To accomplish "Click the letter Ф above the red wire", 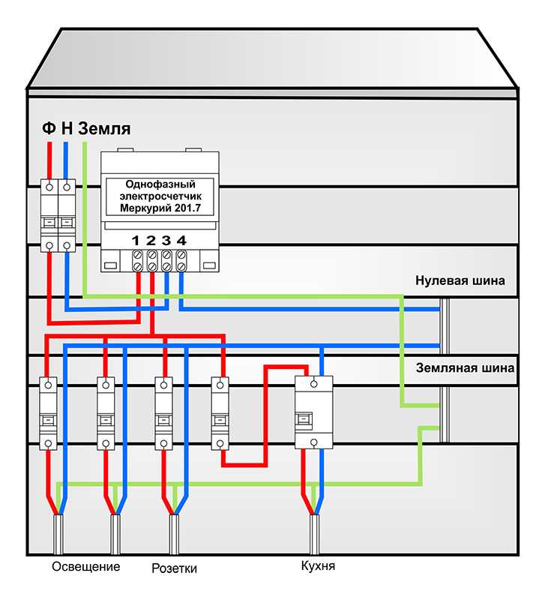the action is [x=49, y=128].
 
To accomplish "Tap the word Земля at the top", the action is [x=104, y=128].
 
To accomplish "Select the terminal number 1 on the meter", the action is [x=136, y=241].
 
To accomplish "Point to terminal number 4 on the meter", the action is [x=181, y=241].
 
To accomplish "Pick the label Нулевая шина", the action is [x=460, y=280].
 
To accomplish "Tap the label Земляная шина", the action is [x=465, y=368].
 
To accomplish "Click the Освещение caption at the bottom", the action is [x=86, y=567].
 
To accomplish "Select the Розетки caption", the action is [x=175, y=568].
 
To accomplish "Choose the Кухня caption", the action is [x=318, y=566].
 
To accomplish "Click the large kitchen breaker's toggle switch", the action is [x=304, y=420].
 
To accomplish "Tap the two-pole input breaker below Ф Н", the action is [x=58, y=216].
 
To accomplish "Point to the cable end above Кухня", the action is [x=314, y=535].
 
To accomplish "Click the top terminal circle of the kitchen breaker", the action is [x=314, y=384].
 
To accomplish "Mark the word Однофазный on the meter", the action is [x=160, y=184].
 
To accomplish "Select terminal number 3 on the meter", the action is [x=166, y=241].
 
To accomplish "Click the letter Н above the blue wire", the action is [x=67, y=128].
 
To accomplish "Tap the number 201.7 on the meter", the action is [x=187, y=208].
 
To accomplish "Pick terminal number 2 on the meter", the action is [x=151, y=241].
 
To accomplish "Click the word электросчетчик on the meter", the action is [x=160, y=196].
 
